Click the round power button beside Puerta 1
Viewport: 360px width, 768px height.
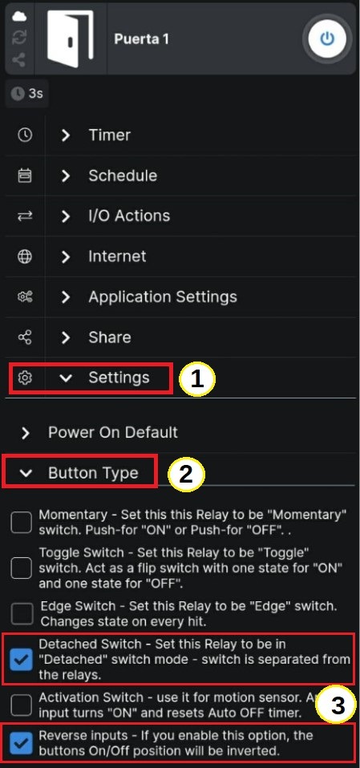pos(326,38)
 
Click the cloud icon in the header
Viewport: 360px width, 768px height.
pos(19,16)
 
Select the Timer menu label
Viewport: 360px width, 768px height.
pos(110,135)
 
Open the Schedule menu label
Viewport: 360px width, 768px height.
pos(123,176)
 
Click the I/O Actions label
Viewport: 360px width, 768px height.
pos(129,216)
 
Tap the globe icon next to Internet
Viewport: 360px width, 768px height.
pos(25,257)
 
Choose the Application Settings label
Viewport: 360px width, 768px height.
pos(163,297)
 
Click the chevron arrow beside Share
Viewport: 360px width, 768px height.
pos(66,338)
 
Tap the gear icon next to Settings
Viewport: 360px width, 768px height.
pos(25,378)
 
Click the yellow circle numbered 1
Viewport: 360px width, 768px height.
pos(197,379)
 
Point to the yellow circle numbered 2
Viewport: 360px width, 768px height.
pos(186,474)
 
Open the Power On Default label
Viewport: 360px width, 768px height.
pos(113,432)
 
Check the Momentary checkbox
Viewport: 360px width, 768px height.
pos(21,523)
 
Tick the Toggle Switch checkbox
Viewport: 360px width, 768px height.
pos(21,568)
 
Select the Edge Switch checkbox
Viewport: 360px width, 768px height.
pos(21,614)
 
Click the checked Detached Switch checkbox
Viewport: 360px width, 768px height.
pos(21,659)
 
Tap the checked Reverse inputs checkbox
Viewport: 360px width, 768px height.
pos(21,742)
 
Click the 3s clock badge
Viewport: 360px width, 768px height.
pos(27,93)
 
